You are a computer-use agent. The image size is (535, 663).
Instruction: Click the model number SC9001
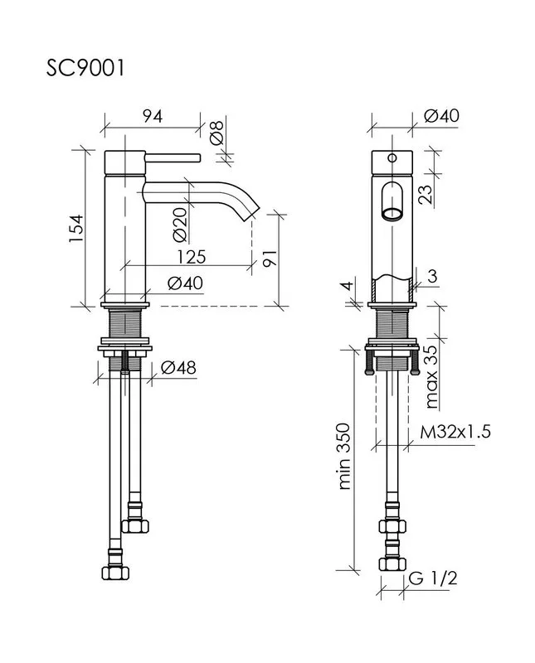tap(85, 68)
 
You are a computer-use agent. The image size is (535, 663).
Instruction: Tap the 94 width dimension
tap(153, 116)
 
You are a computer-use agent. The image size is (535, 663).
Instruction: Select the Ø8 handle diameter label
tap(216, 133)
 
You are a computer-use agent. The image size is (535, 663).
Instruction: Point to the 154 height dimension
tap(77, 229)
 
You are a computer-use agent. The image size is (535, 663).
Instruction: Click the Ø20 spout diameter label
tap(180, 224)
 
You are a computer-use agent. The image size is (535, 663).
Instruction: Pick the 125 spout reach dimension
tap(192, 257)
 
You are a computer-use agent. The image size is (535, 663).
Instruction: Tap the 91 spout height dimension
tap(270, 259)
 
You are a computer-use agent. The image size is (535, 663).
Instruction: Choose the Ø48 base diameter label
tap(178, 368)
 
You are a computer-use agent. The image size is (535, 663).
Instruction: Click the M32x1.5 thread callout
tap(455, 432)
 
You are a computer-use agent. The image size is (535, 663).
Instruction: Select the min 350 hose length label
tap(344, 457)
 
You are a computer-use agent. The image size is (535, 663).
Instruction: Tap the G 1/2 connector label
tap(433, 578)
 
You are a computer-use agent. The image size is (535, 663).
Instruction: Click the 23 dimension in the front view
tap(426, 195)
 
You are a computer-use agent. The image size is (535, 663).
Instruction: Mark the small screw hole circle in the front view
tap(392, 158)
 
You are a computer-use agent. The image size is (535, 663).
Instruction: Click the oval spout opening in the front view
tap(392, 201)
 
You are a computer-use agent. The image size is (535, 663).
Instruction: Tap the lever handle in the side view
tap(173, 158)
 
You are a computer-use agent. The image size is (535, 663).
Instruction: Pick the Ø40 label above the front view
tap(441, 115)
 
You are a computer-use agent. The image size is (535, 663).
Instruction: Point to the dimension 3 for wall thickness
tap(432, 276)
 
